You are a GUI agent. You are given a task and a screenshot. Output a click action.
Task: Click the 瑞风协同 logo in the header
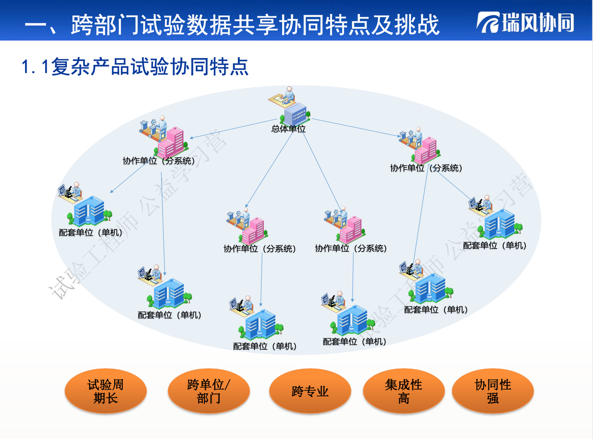point(526,23)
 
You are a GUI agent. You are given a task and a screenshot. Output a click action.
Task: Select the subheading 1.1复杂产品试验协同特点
point(135,67)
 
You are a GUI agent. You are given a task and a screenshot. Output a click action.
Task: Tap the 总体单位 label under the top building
point(288,129)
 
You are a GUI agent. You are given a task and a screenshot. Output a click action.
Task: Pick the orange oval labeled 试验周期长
point(105,391)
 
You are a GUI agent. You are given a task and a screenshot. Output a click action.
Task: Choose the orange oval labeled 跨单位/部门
point(208,391)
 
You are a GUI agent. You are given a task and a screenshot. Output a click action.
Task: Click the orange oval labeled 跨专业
point(310,391)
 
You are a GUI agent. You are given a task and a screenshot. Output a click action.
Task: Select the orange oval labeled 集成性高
point(404,391)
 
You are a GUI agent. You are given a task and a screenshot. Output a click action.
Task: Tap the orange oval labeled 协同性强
point(493,391)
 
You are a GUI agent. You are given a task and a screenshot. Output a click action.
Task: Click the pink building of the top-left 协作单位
point(172,142)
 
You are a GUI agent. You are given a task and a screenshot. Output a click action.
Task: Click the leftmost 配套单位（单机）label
point(91,233)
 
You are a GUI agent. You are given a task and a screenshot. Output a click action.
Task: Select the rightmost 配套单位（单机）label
point(495,246)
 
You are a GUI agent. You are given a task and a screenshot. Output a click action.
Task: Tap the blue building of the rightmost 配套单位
point(500,224)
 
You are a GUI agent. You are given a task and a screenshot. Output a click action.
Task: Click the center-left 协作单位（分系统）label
point(260,249)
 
